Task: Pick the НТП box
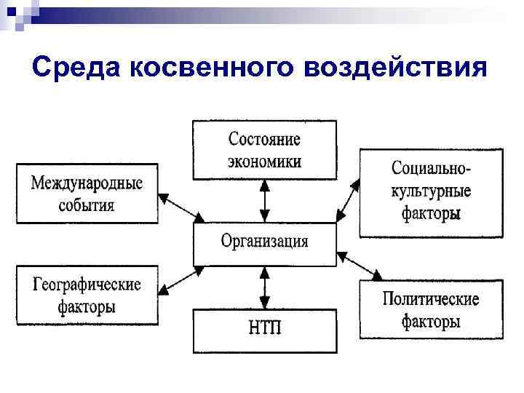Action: coord(264,330)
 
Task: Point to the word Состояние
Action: coord(264,139)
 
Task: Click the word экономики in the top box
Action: coord(264,161)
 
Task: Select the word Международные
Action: coord(87,183)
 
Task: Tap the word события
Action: coord(87,205)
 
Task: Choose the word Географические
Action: coord(87,285)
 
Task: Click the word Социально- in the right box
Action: coord(431,168)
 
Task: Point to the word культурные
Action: coord(431,191)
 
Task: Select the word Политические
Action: coord(431,299)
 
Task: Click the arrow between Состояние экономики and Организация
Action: coord(265,201)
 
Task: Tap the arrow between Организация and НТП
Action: coord(265,287)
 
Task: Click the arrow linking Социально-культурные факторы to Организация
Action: coord(349,198)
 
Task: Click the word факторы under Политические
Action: coord(431,321)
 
